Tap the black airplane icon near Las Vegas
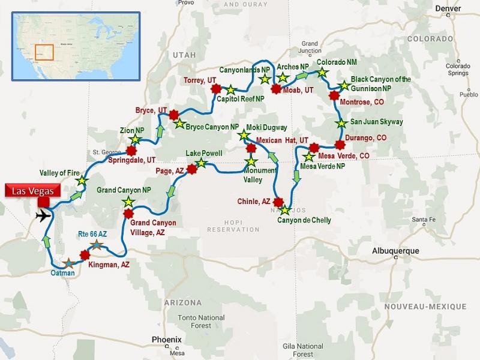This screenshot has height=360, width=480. (43, 215)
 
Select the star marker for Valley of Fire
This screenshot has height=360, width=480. (81, 181)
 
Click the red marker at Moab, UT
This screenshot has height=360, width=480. (276, 89)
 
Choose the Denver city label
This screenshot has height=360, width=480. (449, 8)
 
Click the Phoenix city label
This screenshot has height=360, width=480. (166, 338)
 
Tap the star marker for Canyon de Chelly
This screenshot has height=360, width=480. (284, 210)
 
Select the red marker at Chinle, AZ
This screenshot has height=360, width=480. (278, 202)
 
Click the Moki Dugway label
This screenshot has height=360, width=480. (266, 128)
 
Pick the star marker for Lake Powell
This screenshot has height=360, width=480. (202, 163)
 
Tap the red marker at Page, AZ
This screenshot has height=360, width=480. (192, 170)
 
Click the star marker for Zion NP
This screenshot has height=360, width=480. (134, 140)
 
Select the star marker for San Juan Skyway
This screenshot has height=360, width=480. (341, 124)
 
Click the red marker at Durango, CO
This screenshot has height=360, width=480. (340, 145)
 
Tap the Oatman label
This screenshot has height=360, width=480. (63, 274)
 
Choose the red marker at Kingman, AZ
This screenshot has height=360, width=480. (85, 254)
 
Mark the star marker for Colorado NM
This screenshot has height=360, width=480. (322, 72)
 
